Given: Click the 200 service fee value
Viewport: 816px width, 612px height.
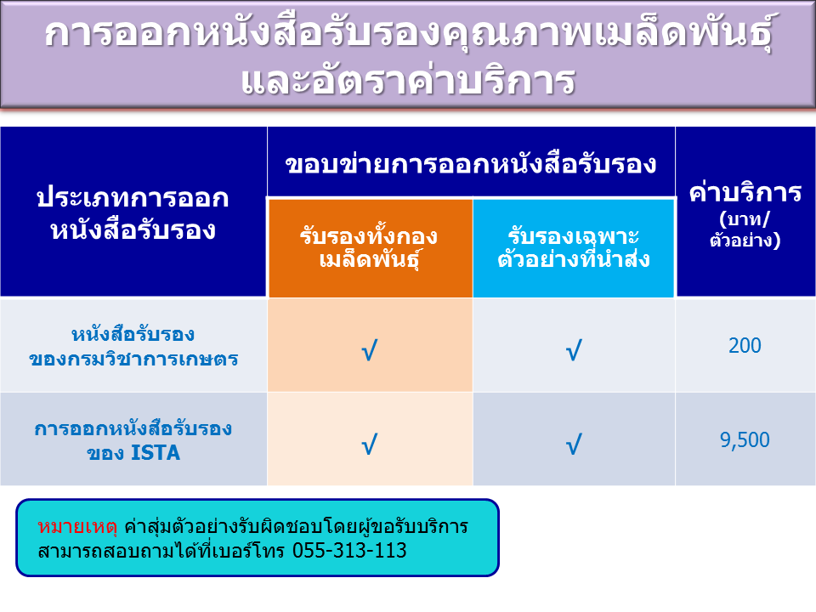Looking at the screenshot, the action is pos(745,346).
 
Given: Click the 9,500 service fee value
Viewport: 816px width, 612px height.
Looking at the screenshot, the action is pos(745,440).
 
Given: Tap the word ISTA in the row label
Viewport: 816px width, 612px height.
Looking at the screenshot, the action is pos(156,453).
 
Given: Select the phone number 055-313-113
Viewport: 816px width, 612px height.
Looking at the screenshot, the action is pos(349,550).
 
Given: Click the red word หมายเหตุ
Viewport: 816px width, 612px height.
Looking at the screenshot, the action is pos(77,527).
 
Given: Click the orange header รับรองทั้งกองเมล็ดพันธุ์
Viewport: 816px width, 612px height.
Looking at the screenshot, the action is pos(369,247).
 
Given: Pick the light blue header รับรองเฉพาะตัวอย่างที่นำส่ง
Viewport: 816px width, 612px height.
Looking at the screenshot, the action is pos(574,247).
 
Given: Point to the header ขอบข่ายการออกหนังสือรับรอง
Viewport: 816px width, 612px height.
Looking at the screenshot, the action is pos(471,164).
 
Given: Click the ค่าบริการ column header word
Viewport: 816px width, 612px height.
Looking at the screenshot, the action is pos(745,193).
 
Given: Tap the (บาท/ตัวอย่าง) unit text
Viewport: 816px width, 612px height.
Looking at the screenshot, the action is pos(745,229).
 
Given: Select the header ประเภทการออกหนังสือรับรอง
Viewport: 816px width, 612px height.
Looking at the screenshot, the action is pos(133,213).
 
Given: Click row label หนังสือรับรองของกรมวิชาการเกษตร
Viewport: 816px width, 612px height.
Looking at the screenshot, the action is pos(133,346).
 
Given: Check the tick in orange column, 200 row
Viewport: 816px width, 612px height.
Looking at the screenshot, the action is pos(370,350).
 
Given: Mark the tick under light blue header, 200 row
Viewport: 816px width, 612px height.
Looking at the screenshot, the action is pos(574,350).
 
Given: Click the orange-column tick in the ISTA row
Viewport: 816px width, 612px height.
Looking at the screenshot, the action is pos(370,445).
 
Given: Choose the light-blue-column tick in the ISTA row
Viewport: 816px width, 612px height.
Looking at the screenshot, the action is pos(574,445).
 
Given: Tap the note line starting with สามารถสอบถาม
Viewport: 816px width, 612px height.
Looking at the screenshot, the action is pos(222,550).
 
